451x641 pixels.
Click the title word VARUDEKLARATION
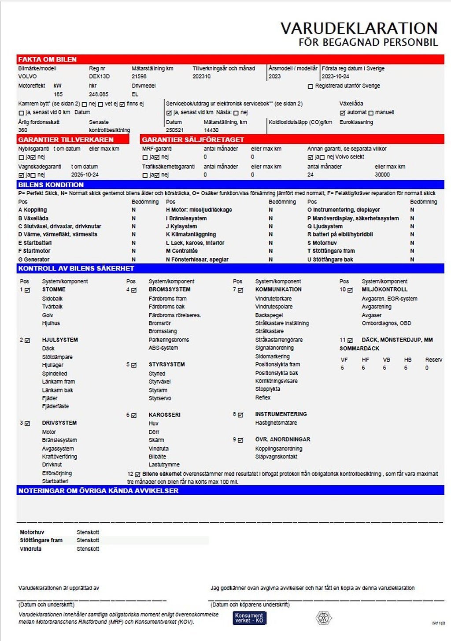point(359,28)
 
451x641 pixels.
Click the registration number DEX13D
point(99,76)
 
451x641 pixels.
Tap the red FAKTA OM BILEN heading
point(48,59)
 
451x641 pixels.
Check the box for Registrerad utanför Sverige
point(311,86)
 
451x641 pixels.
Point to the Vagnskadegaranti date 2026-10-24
point(85,174)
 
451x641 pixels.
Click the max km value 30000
point(382,174)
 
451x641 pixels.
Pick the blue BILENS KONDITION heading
point(51,185)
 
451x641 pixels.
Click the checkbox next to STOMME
point(27,290)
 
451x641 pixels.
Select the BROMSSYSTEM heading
point(170,289)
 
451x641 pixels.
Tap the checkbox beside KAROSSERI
point(134,415)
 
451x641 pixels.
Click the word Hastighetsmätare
point(276,422)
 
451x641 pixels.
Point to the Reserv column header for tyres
point(433,359)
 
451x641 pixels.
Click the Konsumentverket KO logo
point(249,618)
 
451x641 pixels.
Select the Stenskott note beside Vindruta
point(88,549)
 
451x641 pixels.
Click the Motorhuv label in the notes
point(32,532)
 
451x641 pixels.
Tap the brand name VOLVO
point(27,76)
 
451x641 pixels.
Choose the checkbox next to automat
point(343,113)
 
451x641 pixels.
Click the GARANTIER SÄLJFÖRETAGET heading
point(193,139)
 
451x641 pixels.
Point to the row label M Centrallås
point(182,251)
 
